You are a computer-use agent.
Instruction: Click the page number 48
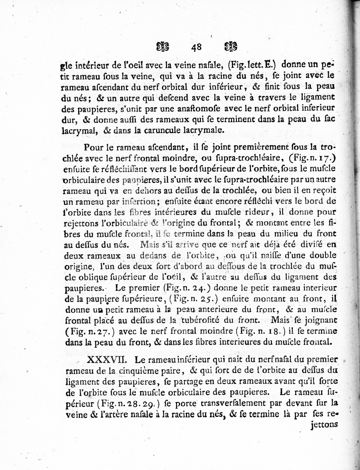[x=197, y=47]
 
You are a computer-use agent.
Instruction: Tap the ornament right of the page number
[x=231, y=47]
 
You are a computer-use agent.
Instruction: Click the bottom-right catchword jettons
[x=322, y=424]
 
